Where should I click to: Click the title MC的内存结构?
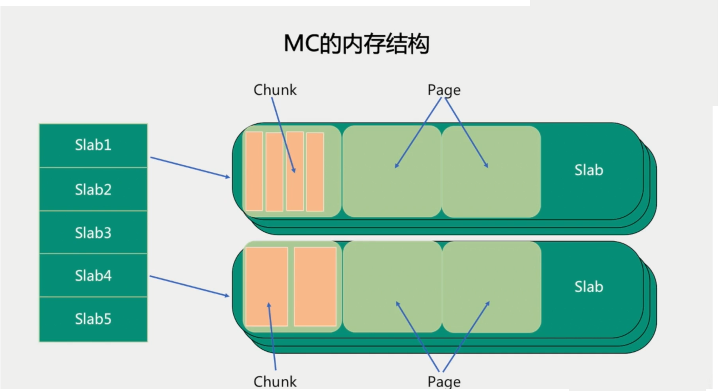point(356,44)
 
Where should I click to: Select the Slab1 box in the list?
point(93,145)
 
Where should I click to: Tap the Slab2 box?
point(93,189)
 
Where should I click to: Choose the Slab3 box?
point(93,233)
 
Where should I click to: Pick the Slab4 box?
point(93,275)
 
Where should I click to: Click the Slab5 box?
point(93,319)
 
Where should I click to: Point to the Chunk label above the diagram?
point(275,90)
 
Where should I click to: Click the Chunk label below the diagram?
point(275,382)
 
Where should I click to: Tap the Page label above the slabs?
point(444,90)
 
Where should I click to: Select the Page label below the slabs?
point(444,382)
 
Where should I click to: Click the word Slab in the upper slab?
point(588,170)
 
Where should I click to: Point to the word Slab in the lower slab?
point(588,287)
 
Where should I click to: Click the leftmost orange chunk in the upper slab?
point(254,171)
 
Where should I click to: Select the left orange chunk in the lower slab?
point(267,287)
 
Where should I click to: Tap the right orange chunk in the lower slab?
point(315,287)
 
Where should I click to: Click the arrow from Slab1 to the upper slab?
point(190,167)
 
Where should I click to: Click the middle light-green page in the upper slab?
point(392,171)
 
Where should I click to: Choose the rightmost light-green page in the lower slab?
point(491,287)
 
